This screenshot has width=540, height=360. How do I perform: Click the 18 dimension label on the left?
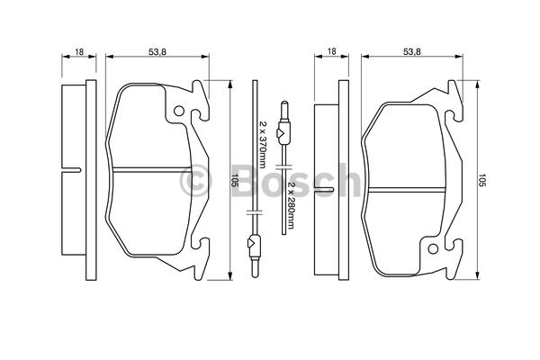coord(79,52)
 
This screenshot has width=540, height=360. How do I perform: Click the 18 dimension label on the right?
coord(331,51)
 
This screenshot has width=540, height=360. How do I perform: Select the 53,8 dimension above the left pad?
coord(157,52)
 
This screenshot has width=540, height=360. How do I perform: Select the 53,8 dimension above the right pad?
coord(412,52)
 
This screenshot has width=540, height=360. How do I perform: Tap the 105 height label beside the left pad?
coord(235,181)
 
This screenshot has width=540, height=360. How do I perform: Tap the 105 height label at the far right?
coord(481,181)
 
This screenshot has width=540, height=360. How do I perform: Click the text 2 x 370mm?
coord(263,144)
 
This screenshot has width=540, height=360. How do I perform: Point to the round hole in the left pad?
coord(179,111)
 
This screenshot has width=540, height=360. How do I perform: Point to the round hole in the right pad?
coord(433,248)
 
